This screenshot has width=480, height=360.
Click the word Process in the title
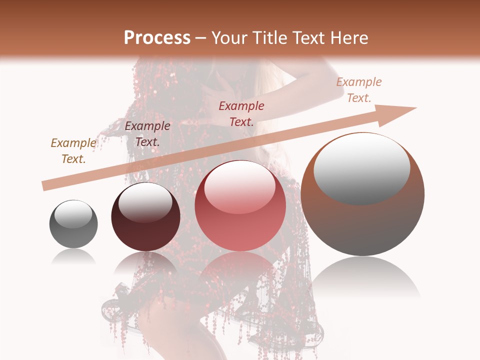(157, 38)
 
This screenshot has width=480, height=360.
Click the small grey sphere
(73, 224)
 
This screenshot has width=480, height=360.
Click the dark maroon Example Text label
(147, 134)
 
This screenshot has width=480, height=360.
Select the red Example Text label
(241, 113)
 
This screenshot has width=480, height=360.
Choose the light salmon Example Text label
(359, 90)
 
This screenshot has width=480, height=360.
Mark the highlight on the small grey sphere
(73, 213)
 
